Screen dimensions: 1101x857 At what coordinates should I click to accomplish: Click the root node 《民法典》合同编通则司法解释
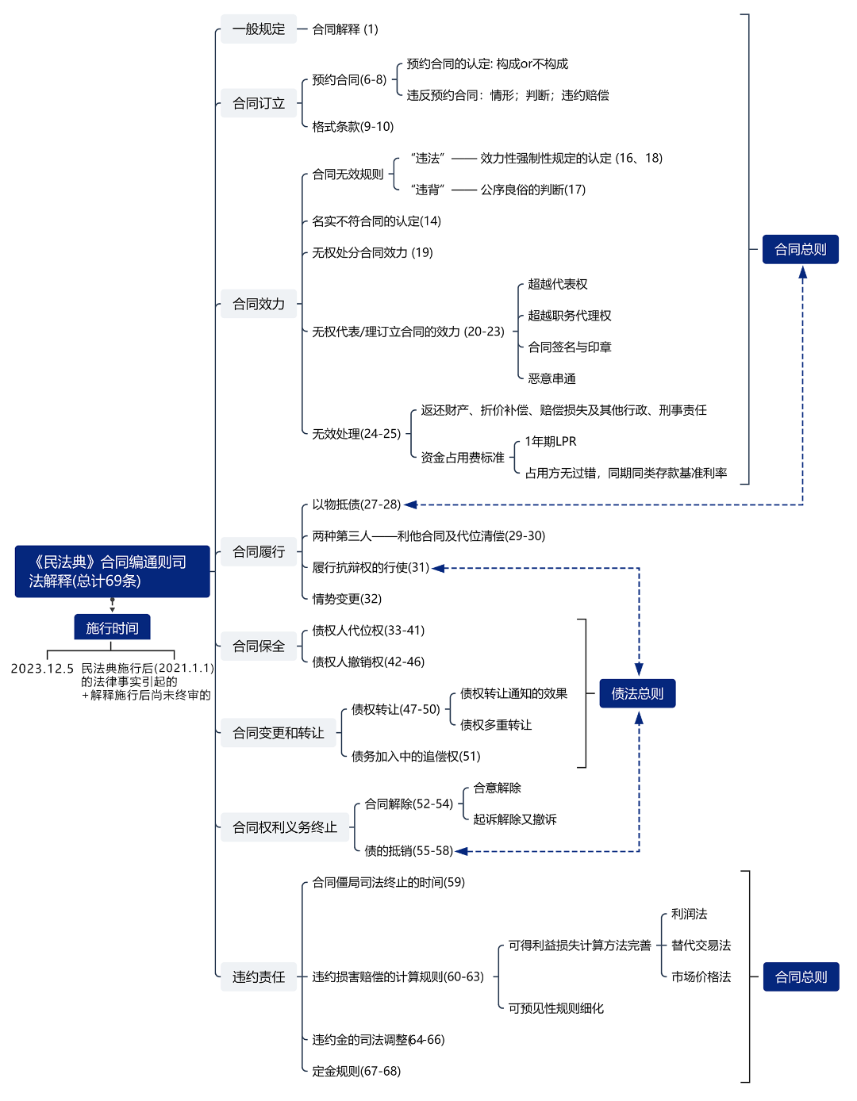112,571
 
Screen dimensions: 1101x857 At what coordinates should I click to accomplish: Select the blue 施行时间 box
112,627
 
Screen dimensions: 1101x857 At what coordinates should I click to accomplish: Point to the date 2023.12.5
42,669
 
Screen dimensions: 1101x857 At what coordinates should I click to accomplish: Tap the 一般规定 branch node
258,29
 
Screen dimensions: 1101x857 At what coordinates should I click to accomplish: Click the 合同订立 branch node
258,103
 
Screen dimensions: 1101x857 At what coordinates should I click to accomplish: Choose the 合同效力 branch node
258,304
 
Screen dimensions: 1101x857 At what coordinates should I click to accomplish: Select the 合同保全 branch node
258,646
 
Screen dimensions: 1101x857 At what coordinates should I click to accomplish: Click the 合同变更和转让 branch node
278,733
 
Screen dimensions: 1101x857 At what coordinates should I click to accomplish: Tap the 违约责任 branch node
258,976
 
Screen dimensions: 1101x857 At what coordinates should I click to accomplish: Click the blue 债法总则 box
637,693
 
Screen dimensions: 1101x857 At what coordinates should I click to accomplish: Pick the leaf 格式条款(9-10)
352,127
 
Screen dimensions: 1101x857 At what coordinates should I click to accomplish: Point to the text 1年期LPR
551,442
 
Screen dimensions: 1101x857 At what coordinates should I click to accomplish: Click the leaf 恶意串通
551,379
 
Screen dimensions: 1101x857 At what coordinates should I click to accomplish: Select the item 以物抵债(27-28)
356,504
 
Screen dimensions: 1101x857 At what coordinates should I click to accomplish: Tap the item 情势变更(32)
347,599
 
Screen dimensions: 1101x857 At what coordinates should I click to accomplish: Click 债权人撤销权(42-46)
368,662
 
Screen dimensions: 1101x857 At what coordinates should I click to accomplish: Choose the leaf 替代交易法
701,946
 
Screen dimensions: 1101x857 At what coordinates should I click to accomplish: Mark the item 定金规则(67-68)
356,1071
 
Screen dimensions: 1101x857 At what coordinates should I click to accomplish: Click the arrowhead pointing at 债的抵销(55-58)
462,851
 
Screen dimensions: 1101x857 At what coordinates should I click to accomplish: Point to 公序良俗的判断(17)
532,190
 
